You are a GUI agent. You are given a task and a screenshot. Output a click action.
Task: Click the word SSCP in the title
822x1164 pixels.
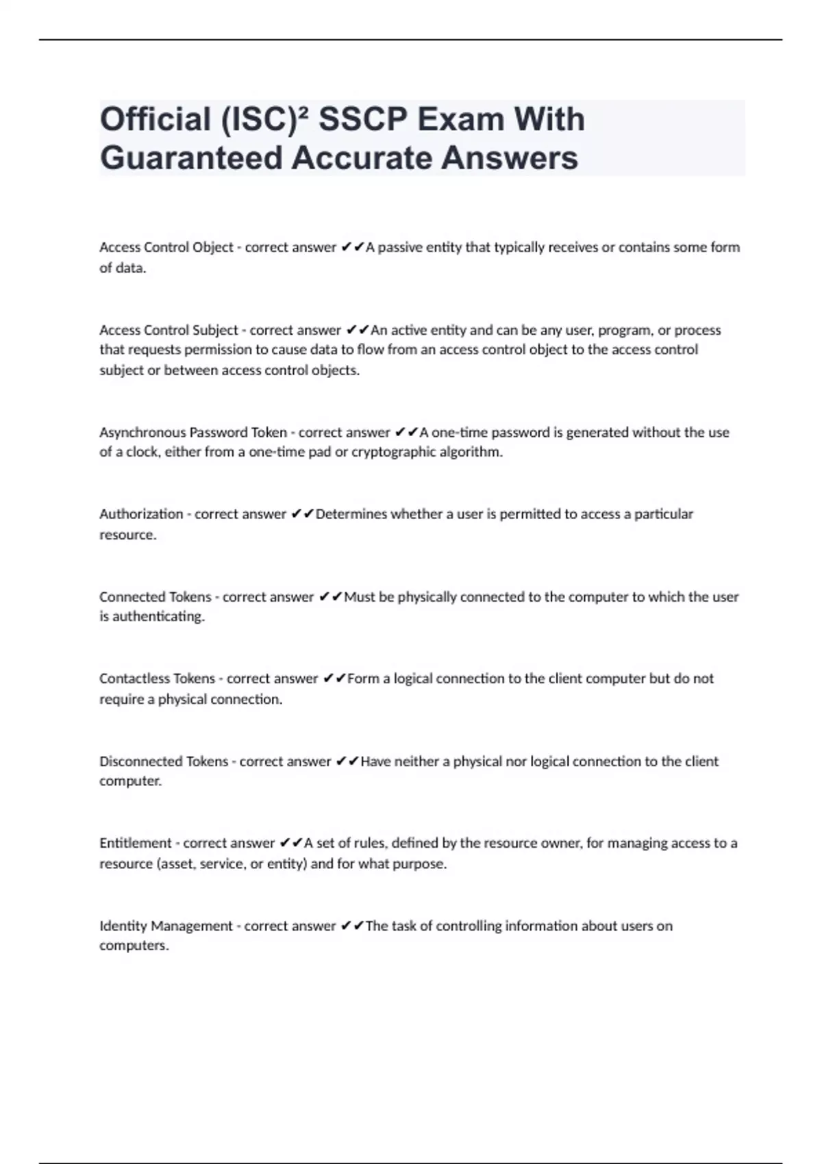362,120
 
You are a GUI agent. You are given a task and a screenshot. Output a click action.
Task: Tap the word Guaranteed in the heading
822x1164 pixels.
191,158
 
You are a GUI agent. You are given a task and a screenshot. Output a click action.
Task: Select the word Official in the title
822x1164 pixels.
155,120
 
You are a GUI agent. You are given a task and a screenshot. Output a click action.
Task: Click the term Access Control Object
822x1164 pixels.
166,247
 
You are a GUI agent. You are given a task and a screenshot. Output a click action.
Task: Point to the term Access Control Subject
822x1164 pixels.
169,330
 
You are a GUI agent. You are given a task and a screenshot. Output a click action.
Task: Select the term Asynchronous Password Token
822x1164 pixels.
193,432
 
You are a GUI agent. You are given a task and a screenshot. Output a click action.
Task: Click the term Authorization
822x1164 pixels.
141,514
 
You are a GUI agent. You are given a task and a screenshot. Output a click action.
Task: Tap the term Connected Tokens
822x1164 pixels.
155,597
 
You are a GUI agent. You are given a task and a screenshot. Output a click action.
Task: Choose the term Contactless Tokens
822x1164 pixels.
158,679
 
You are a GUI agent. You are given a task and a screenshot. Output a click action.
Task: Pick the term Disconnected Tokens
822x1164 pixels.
164,761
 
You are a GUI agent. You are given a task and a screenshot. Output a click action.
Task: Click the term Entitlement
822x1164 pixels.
136,843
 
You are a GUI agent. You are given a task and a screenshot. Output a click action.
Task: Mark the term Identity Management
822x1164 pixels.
166,926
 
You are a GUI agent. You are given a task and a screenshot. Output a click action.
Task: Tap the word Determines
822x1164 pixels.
351,514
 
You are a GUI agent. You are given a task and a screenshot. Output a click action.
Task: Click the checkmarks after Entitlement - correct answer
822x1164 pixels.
291,843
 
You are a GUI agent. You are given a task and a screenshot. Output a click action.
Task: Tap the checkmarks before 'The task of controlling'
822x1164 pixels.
352,926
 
